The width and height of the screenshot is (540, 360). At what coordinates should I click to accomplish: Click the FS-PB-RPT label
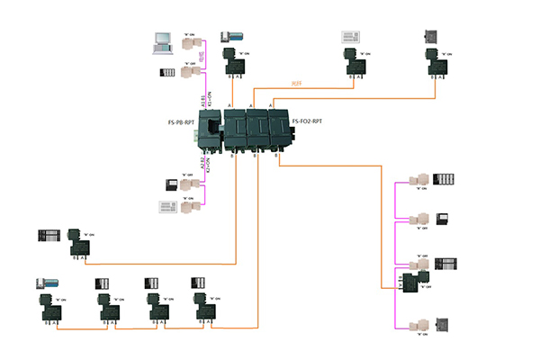coord(183,122)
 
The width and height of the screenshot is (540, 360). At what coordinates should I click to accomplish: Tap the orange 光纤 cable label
coord(297,84)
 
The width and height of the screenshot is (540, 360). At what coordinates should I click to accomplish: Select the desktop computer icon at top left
coord(162,40)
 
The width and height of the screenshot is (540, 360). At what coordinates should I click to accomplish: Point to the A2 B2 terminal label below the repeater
coord(204,164)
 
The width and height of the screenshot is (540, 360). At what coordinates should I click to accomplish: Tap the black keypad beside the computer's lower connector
coord(166,73)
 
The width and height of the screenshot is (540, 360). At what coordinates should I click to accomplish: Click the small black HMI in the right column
coord(442,218)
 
